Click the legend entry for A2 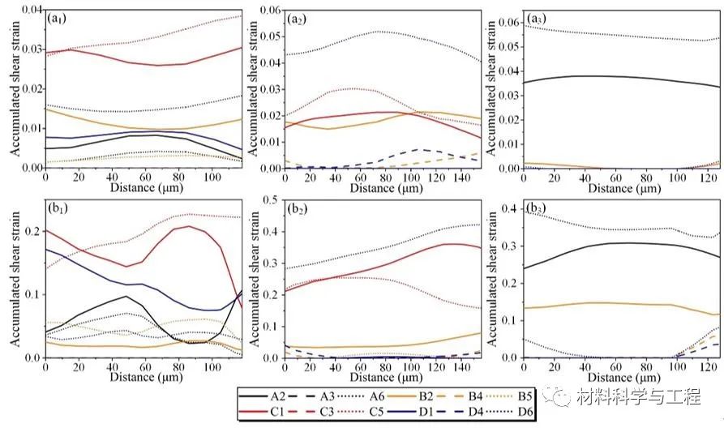[263, 396]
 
